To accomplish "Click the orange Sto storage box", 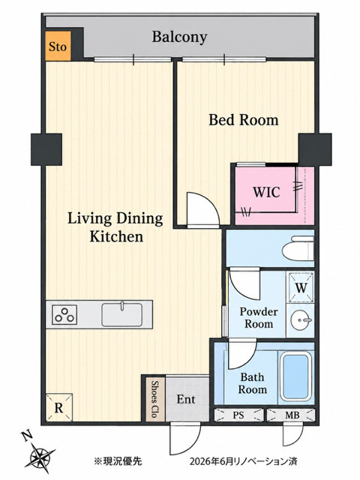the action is (58, 46).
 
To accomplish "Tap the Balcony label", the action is (180, 37).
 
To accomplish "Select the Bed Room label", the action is (243, 120).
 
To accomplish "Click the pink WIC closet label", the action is (266, 192).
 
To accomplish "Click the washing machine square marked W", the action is (300, 287).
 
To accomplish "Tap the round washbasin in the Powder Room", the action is (301, 320).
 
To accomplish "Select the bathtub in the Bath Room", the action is (296, 377).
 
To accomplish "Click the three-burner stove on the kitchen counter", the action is (64, 315).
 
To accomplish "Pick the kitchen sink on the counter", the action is (121, 314).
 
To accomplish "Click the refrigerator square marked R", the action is (59, 407).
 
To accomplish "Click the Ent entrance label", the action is (186, 399).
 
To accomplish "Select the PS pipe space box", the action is (238, 415).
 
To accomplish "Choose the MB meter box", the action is (291, 415).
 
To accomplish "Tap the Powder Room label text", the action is (259, 318).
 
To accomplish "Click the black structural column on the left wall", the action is (46, 149).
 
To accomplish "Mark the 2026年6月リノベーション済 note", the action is (243, 461).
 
